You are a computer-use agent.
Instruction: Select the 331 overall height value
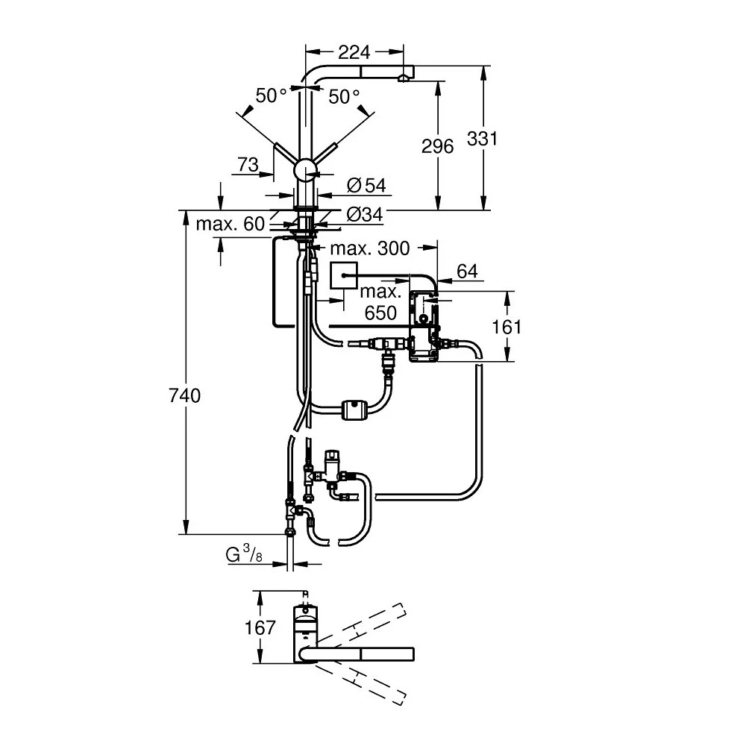click(x=482, y=138)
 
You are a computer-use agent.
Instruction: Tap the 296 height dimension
click(x=437, y=146)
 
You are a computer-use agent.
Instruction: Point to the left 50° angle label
click(x=272, y=96)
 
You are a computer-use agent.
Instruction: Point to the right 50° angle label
click(x=345, y=96)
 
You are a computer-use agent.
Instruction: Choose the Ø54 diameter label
click(x=365, y=184)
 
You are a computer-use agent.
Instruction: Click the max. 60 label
click(x=231, y=224)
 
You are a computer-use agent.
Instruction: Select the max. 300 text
click(x=371, y=248)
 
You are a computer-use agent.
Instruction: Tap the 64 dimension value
click(x=467, y=272)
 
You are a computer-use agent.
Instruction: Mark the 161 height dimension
click(x=507, y=327)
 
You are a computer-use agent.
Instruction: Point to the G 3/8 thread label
click(x=244, y=555)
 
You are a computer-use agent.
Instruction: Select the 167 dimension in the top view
click(x=260, y=627)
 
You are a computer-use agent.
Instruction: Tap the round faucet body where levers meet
click(x=305, y=170)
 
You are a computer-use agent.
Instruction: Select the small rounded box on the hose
click(x=354, y=410)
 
